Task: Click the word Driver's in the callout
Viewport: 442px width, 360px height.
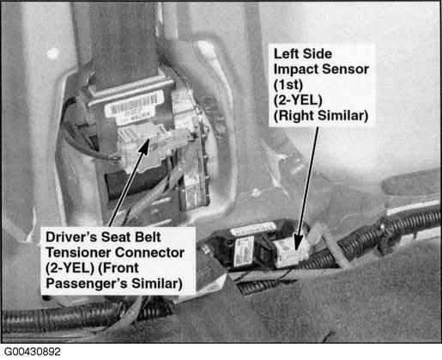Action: pos(71,237)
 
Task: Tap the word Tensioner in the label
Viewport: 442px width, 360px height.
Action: pos(78,253)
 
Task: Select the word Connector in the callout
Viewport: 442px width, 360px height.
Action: pos(150,253)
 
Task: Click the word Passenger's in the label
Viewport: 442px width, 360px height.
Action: pos(87,284)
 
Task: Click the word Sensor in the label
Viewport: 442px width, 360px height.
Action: pos(345,70)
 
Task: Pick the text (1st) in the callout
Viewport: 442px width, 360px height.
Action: pos(288,85)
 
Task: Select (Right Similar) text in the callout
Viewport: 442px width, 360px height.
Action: pos(321,116)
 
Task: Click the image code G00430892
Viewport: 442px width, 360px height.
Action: pos(33,351)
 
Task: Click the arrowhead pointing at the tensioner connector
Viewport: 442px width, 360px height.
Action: pos(144,147)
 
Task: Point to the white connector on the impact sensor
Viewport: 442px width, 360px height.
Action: pos(289,252)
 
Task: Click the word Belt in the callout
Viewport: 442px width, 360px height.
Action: pos(148,237)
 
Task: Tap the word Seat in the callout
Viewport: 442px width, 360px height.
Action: pos(116,237)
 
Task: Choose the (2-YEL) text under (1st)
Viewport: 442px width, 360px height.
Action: pos(298,101)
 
